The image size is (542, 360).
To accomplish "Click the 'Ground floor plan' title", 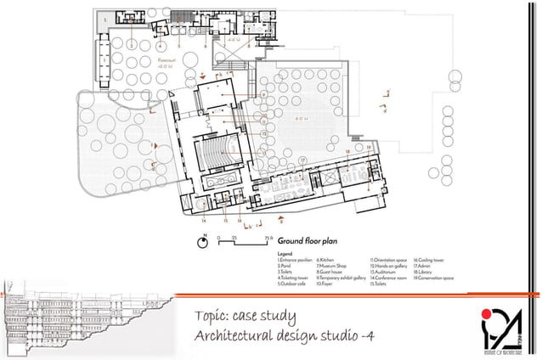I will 303,240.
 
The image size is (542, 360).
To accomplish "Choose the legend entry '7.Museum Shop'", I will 332,266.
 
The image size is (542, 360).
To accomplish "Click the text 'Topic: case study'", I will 244,318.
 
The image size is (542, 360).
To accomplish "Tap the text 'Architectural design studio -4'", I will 284,337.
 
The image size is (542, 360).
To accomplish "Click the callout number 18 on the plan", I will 347,151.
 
